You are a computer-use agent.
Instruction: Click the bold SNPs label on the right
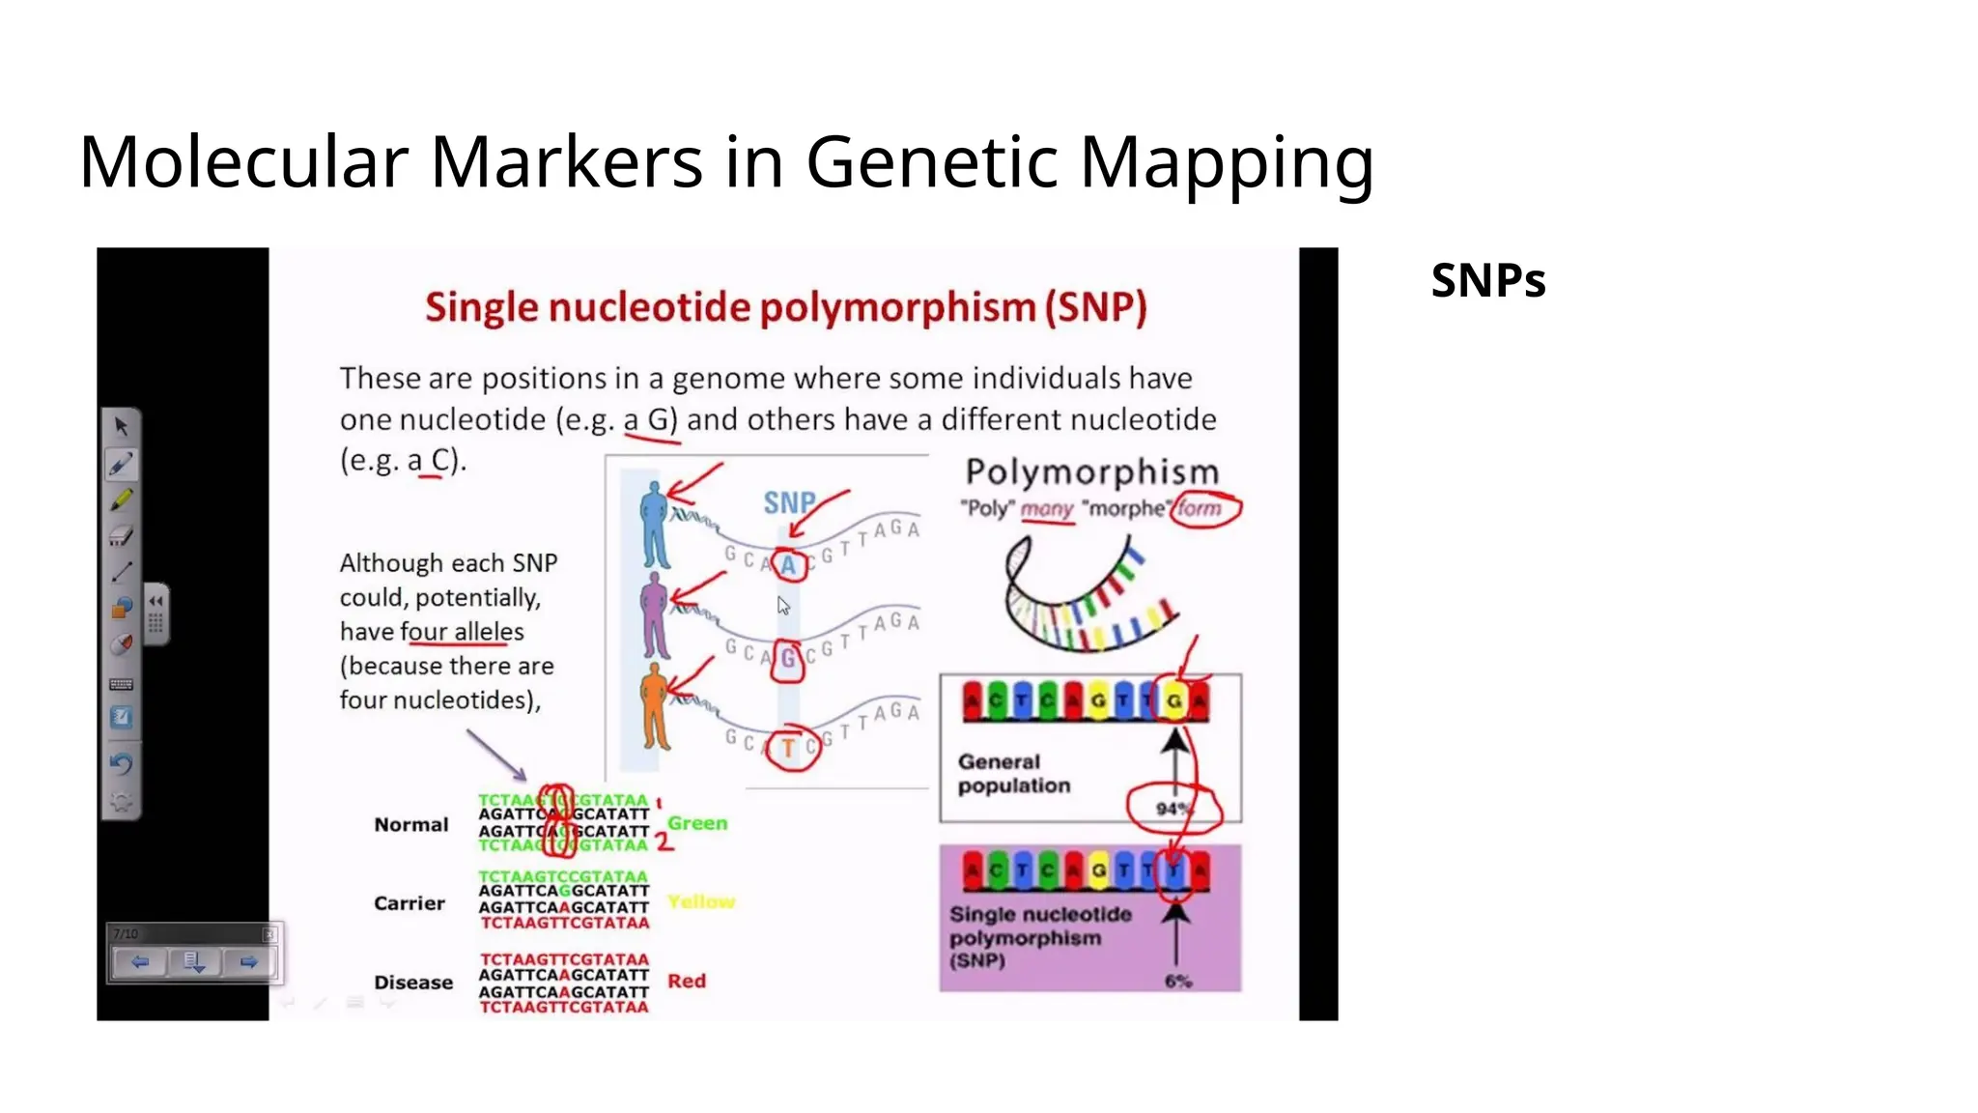click(x=1487, y=281)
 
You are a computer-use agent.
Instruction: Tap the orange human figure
click(x=655, y=706)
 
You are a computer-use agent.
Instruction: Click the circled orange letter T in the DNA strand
click(x=789, y=749)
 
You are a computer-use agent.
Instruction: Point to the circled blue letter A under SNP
click(x=789, y=565)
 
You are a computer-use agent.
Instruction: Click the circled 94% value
click(x=1172, y=808)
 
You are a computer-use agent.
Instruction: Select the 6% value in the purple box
click(x=1178, y=981)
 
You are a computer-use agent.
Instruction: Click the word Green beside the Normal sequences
click(x=697, y=823)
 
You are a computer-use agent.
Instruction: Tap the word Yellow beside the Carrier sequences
click(x=701, y=901)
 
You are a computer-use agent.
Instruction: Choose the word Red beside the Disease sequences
click(x=687, y=981)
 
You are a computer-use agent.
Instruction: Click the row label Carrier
click(x=410, y=903)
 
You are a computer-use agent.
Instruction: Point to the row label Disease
click(x=413, y=983)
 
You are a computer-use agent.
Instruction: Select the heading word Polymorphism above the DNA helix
click(x=1092, y=472)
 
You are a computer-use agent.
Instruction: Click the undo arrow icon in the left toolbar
click(x=122, y=763)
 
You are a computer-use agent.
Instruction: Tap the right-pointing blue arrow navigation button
click(x=248, y=962)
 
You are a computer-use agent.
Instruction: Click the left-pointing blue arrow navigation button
click(x=140, y=962)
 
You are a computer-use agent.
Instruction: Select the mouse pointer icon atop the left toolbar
click(x=122, y=426)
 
